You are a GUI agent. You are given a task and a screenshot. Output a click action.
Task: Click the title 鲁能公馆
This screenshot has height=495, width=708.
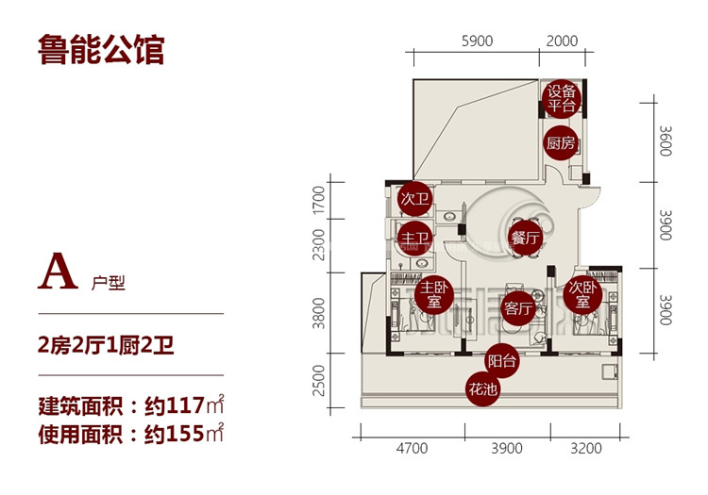click(x=102, y=50)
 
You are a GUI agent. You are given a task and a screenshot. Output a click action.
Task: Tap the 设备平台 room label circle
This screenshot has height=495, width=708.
click(x=562, y=98)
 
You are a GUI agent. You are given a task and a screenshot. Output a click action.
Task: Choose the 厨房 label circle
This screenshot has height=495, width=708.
click(x=561, y=143)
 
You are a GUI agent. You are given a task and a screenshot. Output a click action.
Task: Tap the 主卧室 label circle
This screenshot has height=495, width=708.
click(x=433, y=295)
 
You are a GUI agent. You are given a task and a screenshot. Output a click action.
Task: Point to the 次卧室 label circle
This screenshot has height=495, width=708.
click(x=582, y=295)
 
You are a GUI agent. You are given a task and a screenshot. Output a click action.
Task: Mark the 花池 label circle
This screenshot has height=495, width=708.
click(x=483, y=387)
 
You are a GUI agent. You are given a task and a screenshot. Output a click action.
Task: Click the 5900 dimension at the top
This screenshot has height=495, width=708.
click(x=479, y=41)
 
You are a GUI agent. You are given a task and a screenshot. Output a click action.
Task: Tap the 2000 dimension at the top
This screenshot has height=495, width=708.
click(x=562, y=41)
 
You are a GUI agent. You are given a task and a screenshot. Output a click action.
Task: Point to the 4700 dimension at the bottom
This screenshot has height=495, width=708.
click(x=412, y=448)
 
